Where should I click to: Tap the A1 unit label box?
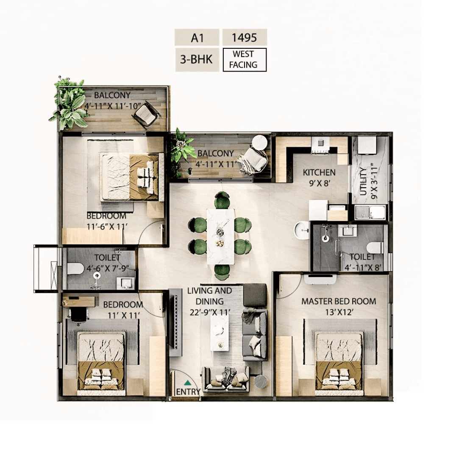coord(197,38)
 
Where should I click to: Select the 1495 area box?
coord(244,38)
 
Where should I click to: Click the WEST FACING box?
coord(244,60)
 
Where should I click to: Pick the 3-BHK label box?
coord(197,60)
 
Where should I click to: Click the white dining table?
coord(220,236)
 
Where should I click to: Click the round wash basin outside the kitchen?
coord(301,230)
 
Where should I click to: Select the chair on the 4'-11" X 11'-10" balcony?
coord(147,114)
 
